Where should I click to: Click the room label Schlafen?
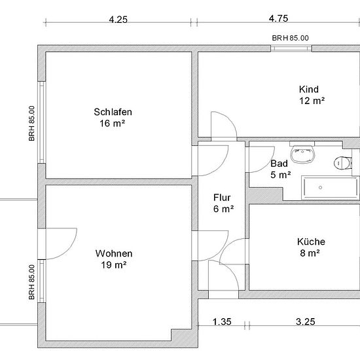point(113,112)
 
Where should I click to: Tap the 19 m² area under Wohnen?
point(114,265)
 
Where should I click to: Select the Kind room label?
point(309,89)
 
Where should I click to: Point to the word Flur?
point(222,198)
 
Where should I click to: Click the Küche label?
point(311,242)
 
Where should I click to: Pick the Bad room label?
point(279,164)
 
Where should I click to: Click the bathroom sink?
point(302,153)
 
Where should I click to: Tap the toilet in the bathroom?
point(343,162)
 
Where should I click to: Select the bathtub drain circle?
point(320,188)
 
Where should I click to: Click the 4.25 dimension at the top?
point(118,20)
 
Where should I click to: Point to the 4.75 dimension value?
point(278,18)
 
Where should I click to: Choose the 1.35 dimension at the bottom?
point(222,321)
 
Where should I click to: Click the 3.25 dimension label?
point(306,321)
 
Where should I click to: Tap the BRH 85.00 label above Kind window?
point(290,38)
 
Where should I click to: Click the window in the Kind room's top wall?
point(291,48)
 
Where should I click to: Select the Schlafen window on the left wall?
point(42,122)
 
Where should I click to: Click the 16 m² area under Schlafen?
point(113,124)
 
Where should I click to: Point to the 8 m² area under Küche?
point(310,253)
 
